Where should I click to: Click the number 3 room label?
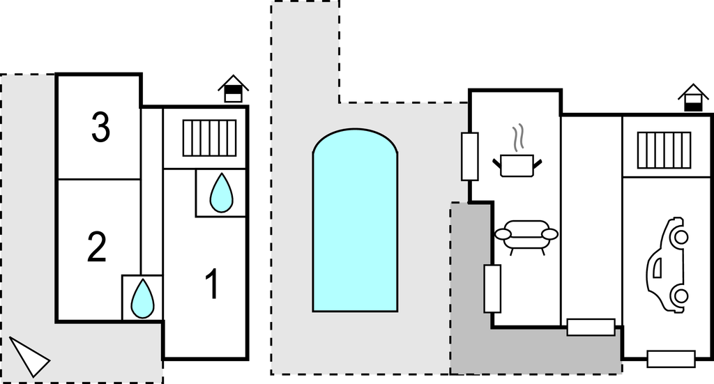tap(100, 128)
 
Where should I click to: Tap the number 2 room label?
tap(97, 247)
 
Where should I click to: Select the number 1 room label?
tap(213, 284)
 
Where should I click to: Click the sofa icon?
tap(526, 235)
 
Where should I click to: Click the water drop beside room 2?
tap(143, 298)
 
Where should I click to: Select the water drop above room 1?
tap(222, 192)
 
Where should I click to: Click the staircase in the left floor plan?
tap(209, 138)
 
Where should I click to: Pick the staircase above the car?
tap(663, 151)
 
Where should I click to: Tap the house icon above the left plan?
tap(233, 89)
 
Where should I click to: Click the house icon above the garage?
tap(692, 98)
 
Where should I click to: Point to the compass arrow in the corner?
tap(29, 355)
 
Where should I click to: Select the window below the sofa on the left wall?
tap(492, 288)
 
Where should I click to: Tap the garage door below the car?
tap(671, 359)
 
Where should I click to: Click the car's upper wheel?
tap(681, 238)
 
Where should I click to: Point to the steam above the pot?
tap(517, 138)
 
